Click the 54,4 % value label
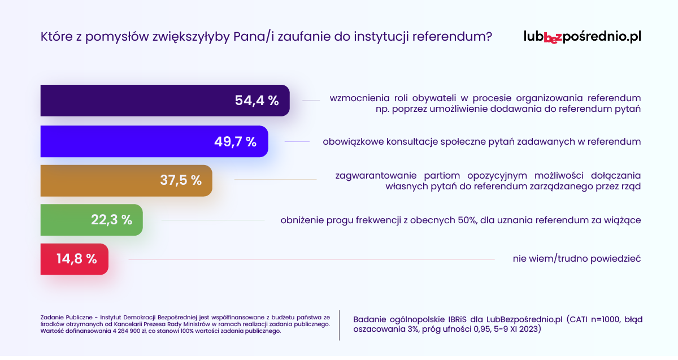(257, 101)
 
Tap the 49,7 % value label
(236, 142)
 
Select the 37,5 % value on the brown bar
(180, 180)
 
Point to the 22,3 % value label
(112, 220)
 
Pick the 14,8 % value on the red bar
(76, 259)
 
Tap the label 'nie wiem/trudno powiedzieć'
(577, 259)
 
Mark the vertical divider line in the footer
(340, 325)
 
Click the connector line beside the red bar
(311, 259)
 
